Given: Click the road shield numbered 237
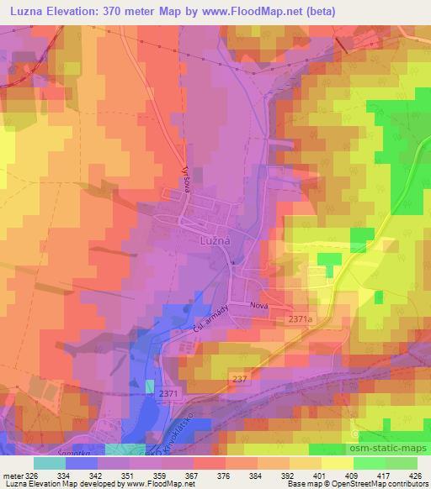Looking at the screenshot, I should click(x=240, y=380).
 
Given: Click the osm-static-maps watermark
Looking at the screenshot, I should click(x=387, y=450).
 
